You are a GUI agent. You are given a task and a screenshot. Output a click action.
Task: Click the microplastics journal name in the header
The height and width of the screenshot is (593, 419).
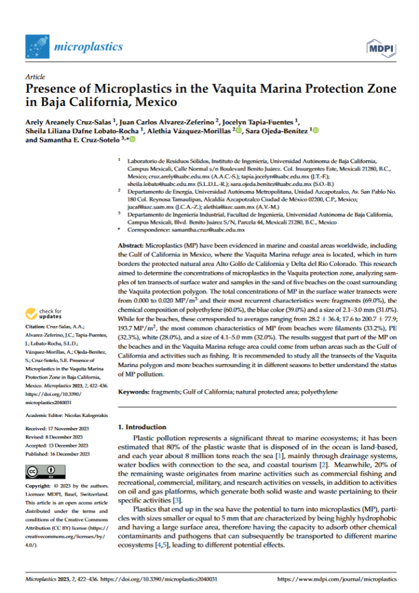tap(88, 46)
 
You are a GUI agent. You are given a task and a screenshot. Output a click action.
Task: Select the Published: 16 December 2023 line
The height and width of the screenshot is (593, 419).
tap(58, 454)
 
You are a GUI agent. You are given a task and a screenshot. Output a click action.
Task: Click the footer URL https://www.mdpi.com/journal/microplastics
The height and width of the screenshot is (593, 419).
tap(337, 579)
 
